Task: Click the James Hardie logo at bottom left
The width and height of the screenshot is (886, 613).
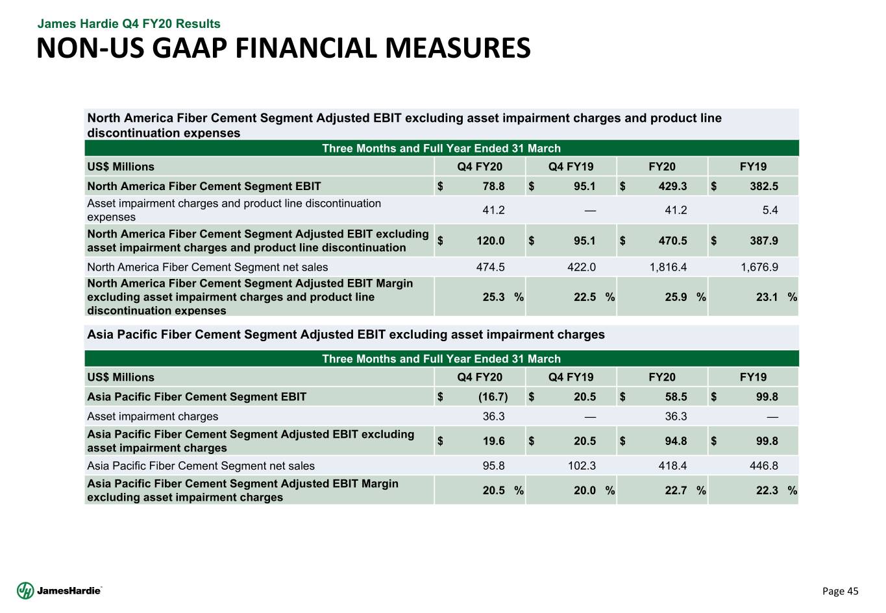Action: coord(59,590)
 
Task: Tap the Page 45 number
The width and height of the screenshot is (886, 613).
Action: coord(840,591)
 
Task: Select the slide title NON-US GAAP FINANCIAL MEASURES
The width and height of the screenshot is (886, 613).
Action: coord(283,49)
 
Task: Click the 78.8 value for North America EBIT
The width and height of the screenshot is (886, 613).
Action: coord(493,186)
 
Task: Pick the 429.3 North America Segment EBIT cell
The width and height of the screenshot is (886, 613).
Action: coord(672,186)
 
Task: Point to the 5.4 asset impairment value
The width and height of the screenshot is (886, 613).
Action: coord(770,210)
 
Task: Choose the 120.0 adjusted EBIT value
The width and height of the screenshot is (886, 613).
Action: coord(491,241)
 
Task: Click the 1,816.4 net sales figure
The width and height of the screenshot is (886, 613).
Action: coord(668,267)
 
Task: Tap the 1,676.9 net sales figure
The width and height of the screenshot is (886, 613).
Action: coord(759,267)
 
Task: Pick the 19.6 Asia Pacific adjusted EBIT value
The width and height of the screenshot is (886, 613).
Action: coord(493,441)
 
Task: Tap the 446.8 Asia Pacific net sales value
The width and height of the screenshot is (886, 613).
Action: coord(764,466)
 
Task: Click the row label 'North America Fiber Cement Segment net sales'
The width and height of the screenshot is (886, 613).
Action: coord(208,267)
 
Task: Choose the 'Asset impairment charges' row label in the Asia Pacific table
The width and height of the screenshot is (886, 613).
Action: coord(153,416)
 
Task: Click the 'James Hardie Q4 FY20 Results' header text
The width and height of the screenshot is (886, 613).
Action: coord(129,24)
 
